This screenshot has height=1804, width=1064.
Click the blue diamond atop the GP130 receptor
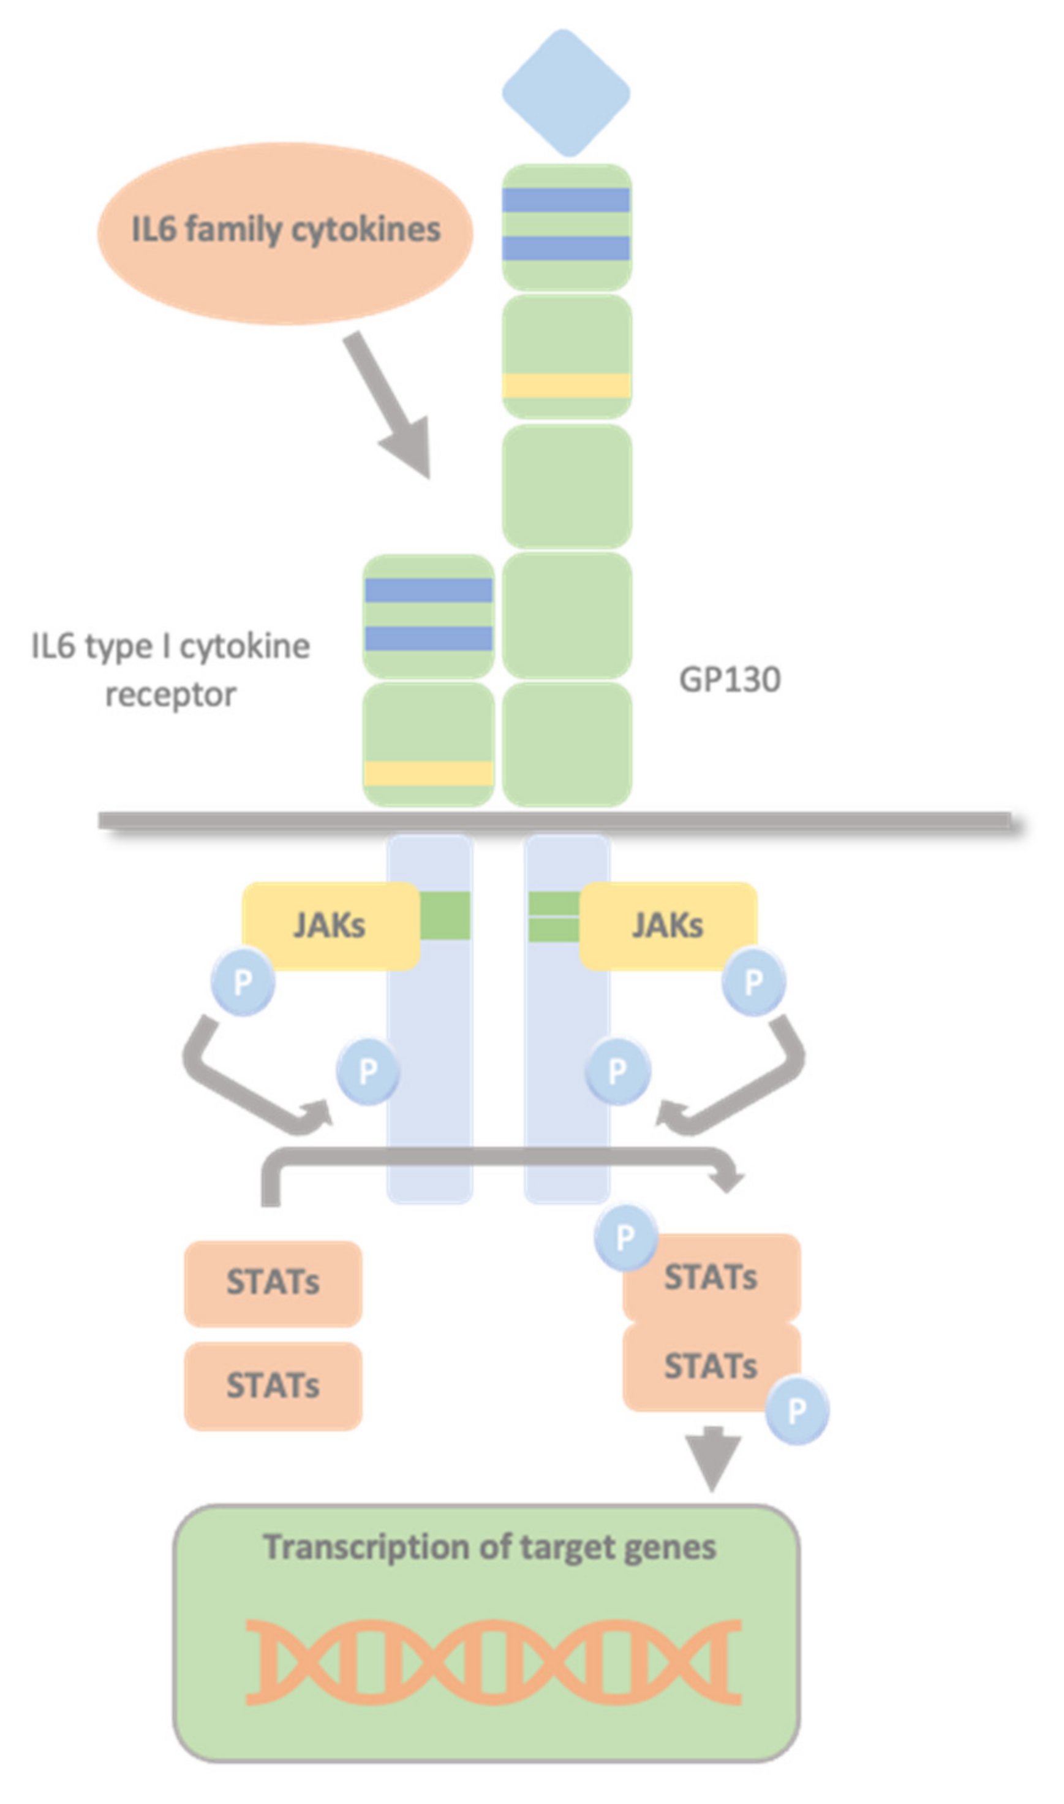pos(566,93)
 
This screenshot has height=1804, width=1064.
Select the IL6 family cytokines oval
pos(285,233)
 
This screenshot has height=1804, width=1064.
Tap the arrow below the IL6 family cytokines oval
pos(391,409)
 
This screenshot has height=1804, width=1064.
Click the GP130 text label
pos(729,680)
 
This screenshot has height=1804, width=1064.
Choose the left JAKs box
pos(330,926)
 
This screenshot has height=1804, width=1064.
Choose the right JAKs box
pos(668,926)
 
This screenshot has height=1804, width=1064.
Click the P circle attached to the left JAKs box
pos(243,982)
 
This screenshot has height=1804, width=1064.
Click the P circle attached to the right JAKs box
pos(753,982)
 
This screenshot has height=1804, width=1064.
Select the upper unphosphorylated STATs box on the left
pos(273,1282)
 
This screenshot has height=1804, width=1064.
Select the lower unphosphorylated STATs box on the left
pos(273,1386)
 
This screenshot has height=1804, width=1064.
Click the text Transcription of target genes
pos(489,1548)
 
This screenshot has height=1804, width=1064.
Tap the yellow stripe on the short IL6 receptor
pos(428,773)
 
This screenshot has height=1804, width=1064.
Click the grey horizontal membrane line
pos(556,820)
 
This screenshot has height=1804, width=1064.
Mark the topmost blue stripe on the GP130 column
pos(566,200)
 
